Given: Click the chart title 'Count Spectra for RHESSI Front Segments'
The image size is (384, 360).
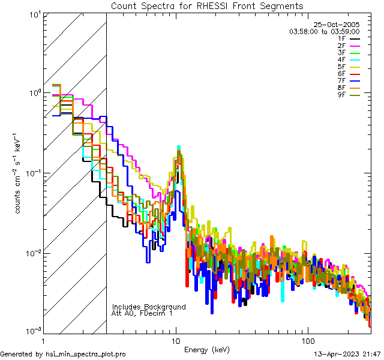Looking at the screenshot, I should pos(207,6).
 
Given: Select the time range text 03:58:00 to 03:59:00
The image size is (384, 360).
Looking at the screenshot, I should pos(324,31).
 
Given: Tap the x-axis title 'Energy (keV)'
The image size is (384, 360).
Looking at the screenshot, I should pos(207,349).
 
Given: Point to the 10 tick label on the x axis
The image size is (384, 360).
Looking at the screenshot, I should pos(176,340).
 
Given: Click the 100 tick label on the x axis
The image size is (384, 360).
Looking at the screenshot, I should pos(307,340).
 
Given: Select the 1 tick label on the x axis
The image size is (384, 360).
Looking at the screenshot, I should pos(44,340).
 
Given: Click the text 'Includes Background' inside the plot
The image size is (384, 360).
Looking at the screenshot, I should pos(149,307).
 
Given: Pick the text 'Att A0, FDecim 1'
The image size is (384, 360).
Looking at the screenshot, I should pos(142,313).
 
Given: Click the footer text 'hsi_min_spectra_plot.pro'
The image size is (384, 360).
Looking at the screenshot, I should pos(86,354).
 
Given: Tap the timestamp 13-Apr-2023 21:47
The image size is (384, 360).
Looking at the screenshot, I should pos(348,354).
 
